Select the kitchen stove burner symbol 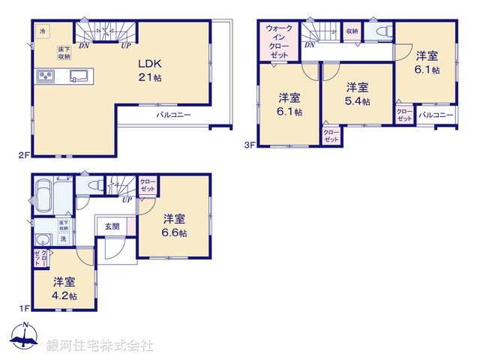[45, 76]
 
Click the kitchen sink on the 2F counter [79, 75]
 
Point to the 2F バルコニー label [173, 115]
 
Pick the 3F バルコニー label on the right [436, 115]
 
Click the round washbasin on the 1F [42, 239]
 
